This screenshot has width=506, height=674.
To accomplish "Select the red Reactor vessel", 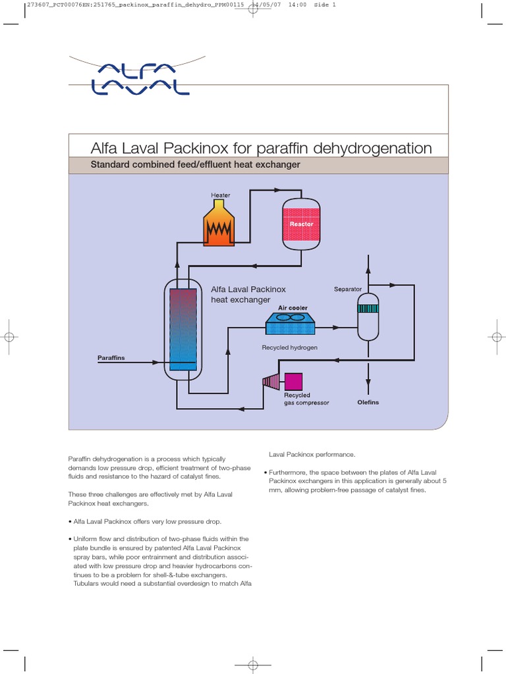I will click(301, 224).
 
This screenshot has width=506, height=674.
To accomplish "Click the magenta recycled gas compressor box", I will click(293, 381).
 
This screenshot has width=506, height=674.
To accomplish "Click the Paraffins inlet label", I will click(111, 358).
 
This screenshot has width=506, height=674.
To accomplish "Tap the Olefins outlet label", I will click(368, 402).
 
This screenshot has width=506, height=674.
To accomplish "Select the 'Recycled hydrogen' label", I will click(289, 347).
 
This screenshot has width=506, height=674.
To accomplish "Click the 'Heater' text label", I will click(221, 195).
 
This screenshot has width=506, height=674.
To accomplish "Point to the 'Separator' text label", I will click(348, 289).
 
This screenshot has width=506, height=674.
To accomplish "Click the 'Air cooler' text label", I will click(293, 307).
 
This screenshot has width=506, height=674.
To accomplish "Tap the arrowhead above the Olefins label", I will click(368, 383).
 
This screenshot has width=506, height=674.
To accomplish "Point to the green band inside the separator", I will click(368, 307).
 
